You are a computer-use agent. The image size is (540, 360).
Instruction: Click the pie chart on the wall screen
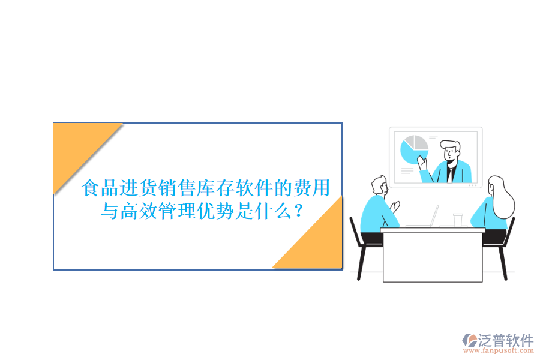coord(413,149)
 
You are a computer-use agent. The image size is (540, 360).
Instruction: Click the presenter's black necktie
coord(451,174)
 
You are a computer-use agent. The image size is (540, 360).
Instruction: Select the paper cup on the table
coord(458,220)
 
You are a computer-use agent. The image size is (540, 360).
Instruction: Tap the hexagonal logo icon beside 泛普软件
coord(469,340)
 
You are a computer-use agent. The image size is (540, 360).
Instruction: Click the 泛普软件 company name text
coord(506,340)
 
